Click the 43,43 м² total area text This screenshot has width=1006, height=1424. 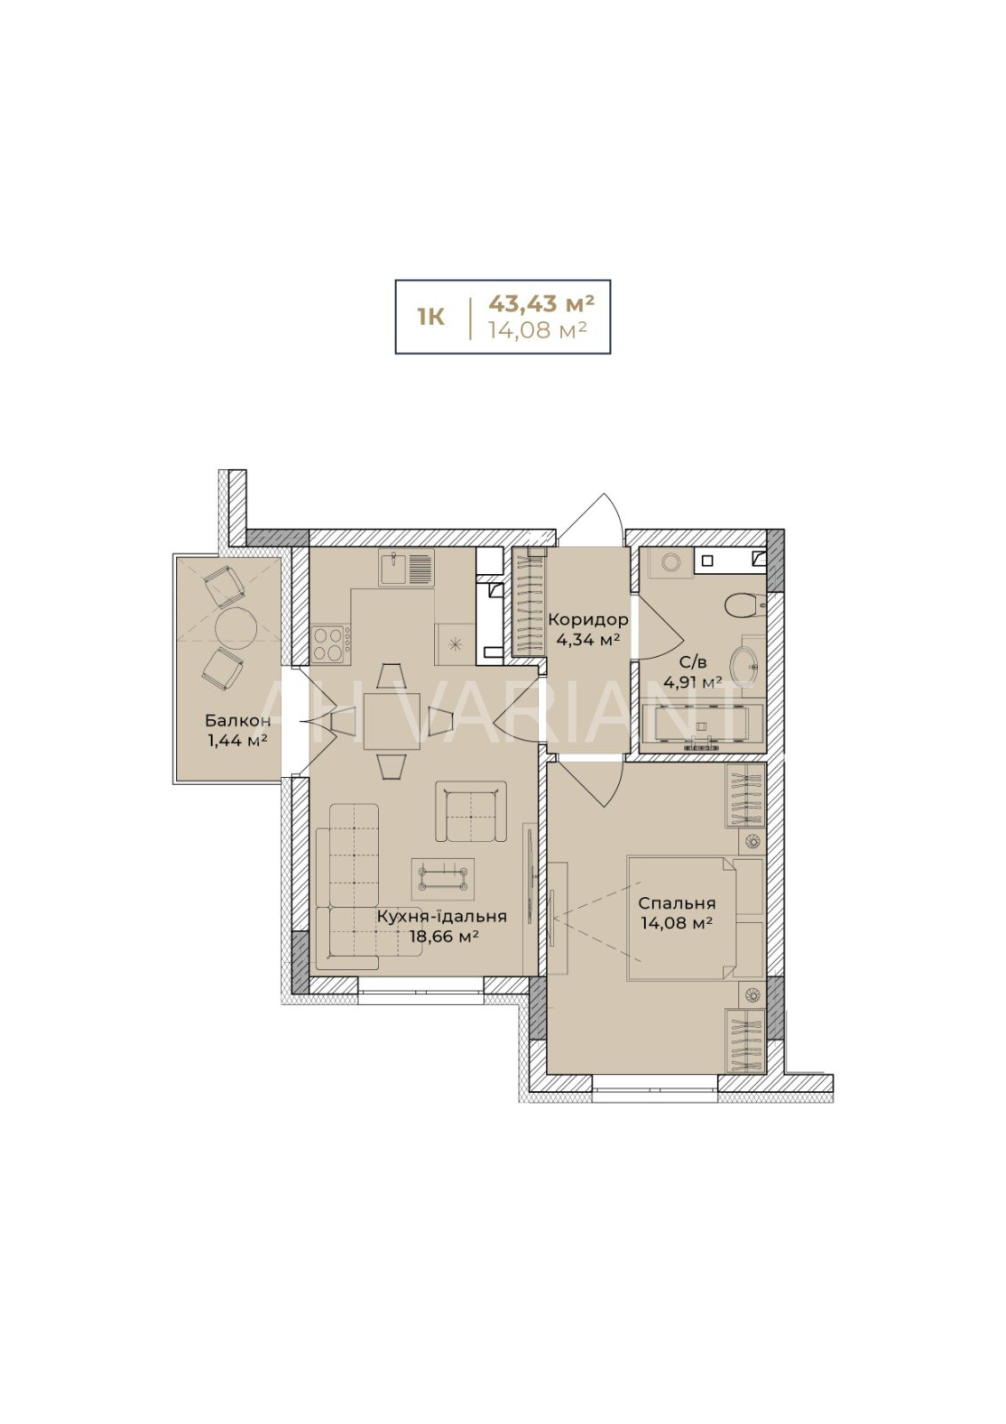pyautogui.click(x=541, y=303)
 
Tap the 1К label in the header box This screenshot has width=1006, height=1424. pyautogui.click(x=431, y=317)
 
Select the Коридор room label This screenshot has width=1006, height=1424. pyautogui.click(x=589, y=619)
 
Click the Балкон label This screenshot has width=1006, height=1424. pyautogui.click(x=237, y=720)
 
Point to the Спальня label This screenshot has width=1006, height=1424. pyautogui.click(x=677, y=903)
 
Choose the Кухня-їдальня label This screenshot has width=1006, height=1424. pyautogui.click(x=442, y=916)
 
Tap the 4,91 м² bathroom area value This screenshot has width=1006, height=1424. pyautogui.click(x=692, y=683)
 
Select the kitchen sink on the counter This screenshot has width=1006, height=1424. pyautogui.click(x=406, y=568)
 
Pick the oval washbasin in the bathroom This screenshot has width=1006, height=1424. pyautogui.click(x=744, y=664)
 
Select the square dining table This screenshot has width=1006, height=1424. pyautogui.click(x=391, y=722)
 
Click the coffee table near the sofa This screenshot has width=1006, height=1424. pyautogui.click(x=443, y=878)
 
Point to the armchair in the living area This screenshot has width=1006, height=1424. pyautogui.click(x=471, y=812)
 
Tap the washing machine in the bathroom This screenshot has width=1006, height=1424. pyautogui.click(x=668, y=562)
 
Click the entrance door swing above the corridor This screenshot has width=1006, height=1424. pyautogui.click(x=589, y=518)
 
